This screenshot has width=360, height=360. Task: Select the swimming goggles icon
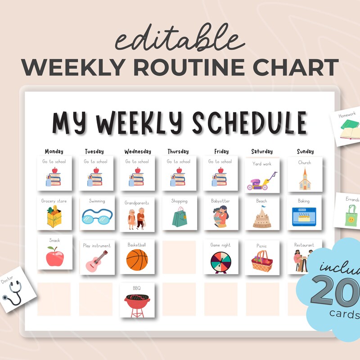tap(95, 219)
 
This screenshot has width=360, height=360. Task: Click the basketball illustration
tap(137, 260)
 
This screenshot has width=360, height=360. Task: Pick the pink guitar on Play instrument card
tap(96, 261)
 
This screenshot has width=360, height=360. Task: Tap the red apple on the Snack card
tap(54, 256)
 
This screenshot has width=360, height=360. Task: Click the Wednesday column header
tap(137, 151)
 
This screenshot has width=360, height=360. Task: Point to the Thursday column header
tap(179, 151)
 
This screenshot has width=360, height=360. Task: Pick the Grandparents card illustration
tap(137, 219)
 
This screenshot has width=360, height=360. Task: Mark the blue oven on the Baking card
tap(304, 216)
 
